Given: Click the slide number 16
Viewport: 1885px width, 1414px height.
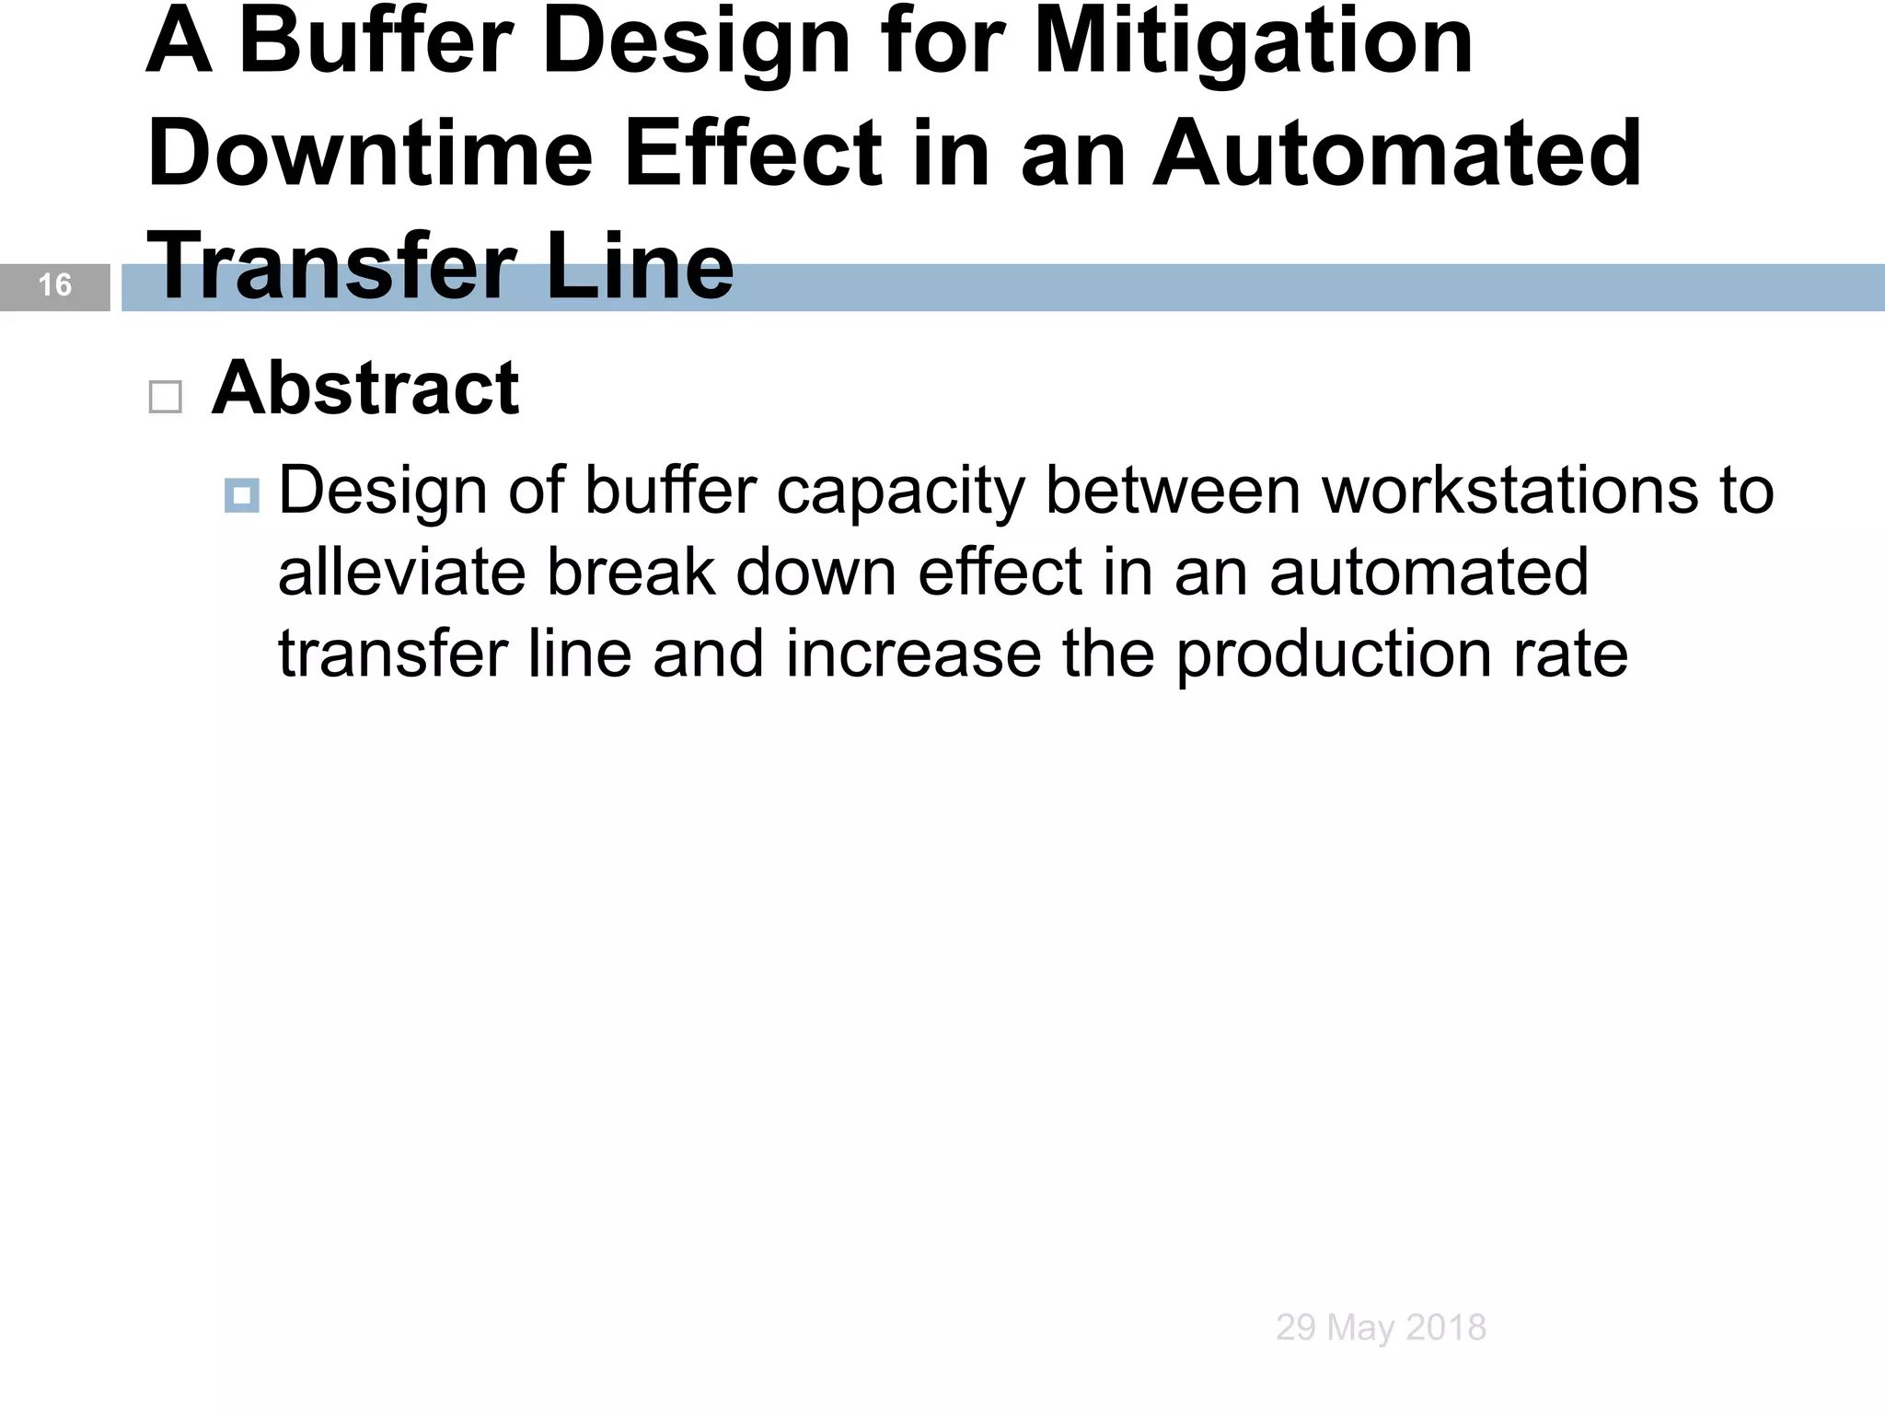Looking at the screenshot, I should coord(55,285).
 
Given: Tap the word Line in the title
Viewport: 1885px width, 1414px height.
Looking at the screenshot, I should coord(641,267).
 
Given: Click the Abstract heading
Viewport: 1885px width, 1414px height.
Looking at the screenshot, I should coord(365,388).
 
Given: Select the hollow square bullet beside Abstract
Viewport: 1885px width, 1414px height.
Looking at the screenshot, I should coord(166,398).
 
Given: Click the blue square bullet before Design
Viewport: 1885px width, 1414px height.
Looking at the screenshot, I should coord(241,496).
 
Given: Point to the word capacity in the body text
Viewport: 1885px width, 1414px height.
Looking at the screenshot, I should coord(900,493).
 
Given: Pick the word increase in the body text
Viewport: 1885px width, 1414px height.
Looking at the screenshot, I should coord(912,655).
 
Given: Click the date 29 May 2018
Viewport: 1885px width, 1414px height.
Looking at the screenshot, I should coord(1381,1327).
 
